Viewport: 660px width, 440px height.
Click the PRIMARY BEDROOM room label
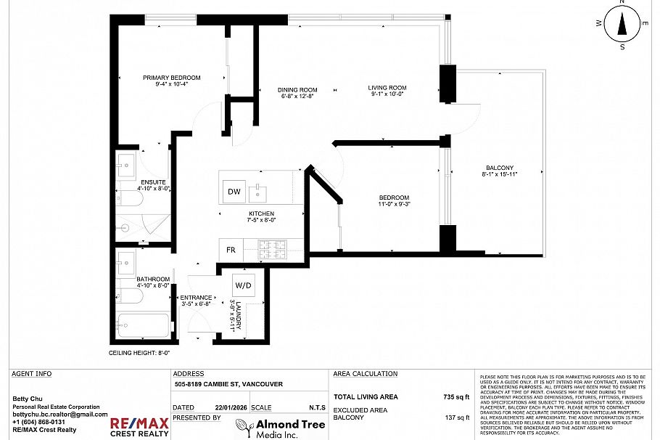[171, 78]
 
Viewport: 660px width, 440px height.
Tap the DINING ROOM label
[298, 91]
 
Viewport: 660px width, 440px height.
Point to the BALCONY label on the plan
[500, 168]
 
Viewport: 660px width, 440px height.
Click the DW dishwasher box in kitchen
[234, 192]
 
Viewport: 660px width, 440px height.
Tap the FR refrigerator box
[231, 250]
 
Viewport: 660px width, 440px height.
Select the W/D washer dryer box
[243, 285]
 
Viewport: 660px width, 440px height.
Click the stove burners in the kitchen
[275, 249]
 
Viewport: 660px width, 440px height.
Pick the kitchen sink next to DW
[259, 193]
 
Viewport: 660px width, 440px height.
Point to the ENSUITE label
[153, 182]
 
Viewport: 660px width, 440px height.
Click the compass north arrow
[622, 25]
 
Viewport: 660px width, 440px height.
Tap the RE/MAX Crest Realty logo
[139, 427]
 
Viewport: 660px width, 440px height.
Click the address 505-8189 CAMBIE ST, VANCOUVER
[228, 385]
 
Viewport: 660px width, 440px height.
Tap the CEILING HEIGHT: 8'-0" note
[139, 353]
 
